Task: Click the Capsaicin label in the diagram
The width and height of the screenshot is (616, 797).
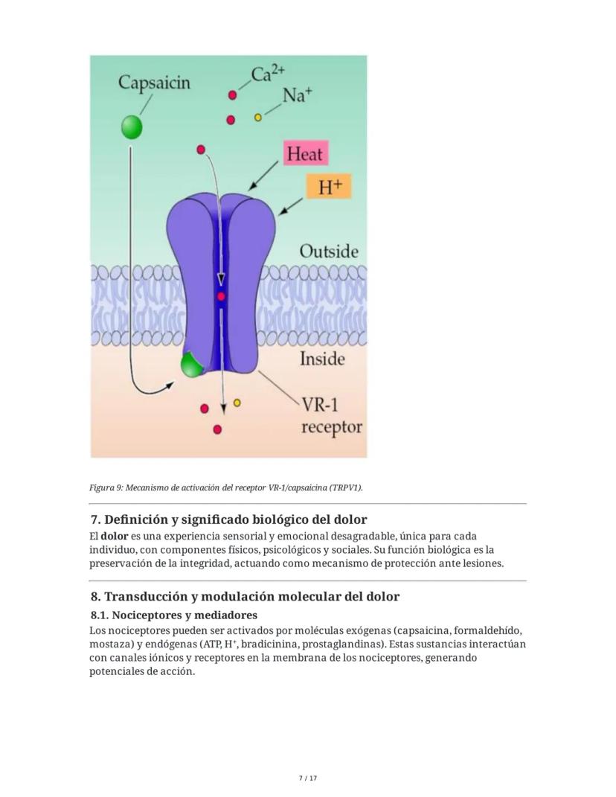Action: [154, 83]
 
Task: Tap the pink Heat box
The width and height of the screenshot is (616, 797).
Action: [304, 154]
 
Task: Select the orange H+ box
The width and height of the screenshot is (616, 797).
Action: [328, 187]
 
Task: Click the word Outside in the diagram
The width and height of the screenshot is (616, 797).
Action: [328, 252]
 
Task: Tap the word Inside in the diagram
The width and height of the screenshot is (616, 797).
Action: [322, 359]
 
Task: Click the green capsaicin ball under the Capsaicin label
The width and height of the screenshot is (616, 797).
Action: [132, 127]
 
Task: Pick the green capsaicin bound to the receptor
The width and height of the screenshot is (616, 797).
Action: [192, 365]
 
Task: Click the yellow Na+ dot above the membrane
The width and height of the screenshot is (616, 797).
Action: [258, 117]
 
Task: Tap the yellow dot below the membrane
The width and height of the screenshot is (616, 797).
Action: [237, 403]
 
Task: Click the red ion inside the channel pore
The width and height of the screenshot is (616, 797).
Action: [221, 297]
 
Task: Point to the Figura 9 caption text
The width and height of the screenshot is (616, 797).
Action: [226, 487]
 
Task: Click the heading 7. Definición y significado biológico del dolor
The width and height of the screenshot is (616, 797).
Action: [228, 519]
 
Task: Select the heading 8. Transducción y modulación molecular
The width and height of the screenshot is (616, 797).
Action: [245, 597]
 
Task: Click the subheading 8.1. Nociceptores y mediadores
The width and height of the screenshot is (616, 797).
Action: [174, 615]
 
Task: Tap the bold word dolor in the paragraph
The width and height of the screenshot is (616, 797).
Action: [115, 537]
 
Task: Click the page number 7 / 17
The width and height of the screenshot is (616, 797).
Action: [307, 778]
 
